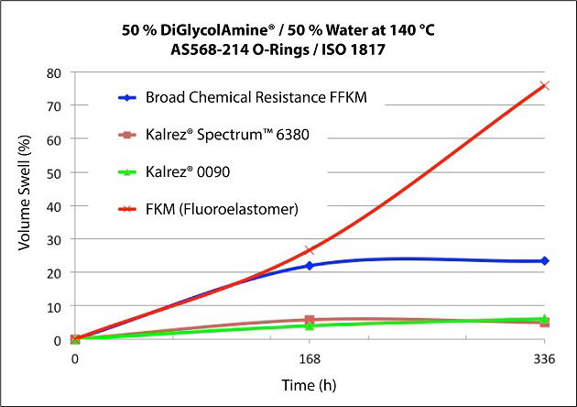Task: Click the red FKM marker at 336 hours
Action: (x=545, y=86)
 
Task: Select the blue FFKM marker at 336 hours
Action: (x=545, y=261)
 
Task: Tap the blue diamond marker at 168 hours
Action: (x=310, y=266)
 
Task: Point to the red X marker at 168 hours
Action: (x=310, y=249)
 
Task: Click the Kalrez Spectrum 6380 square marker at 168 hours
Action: (x=310, y=321)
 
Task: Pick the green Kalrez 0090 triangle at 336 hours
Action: (x=545, y=318)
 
